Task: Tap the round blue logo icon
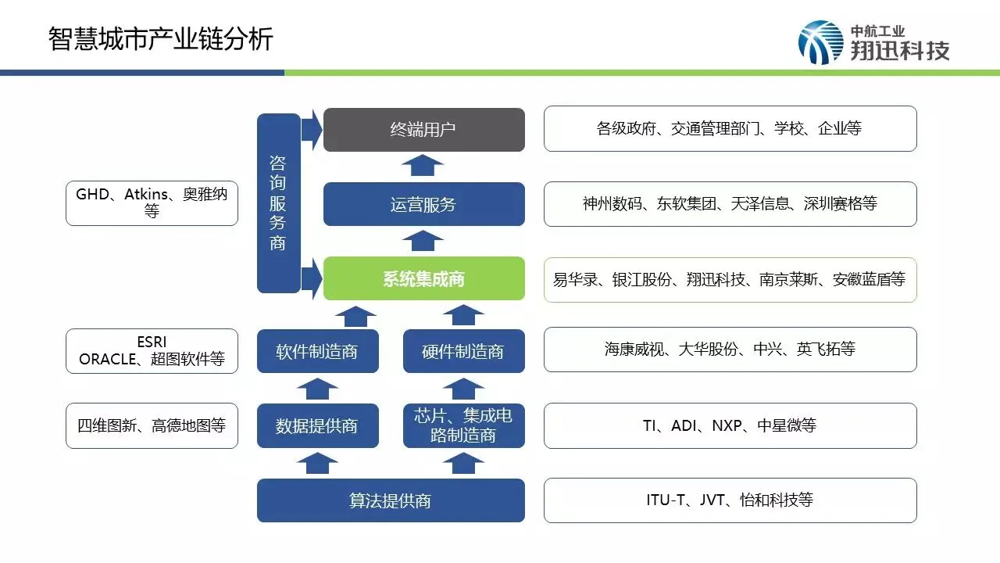820,42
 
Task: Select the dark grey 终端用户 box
423,130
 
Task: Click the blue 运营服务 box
423,205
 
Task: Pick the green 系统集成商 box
423,278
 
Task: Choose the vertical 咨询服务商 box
278,203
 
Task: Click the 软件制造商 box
317,351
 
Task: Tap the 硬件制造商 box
463,351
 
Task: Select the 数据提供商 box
317,425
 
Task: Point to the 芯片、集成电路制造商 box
463,425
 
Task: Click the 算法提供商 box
391,500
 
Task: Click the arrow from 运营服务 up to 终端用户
423,166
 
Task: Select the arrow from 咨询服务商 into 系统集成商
312,278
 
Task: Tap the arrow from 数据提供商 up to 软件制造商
317,388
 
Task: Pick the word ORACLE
108,360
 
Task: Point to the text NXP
727,426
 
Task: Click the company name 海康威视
633,350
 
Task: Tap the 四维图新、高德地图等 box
152,425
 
